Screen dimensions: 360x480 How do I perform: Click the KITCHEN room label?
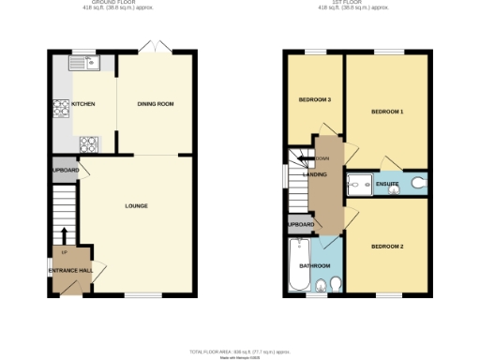(83, 104)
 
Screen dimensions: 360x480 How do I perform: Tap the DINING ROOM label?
(155, 104)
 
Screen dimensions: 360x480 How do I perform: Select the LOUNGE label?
(136, 205)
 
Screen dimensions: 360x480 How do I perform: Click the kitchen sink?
(94, 64)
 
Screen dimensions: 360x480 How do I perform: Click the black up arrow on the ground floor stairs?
(64, 233)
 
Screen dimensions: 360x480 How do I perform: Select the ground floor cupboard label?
(65, 170)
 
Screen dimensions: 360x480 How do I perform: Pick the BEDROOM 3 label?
(315, 99)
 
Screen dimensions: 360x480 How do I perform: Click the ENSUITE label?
(387, 183)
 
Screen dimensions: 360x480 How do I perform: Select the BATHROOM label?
(315, 266)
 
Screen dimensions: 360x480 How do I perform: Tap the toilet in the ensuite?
(416, 184)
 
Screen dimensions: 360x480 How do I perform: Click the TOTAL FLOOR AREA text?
(240, 351)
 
